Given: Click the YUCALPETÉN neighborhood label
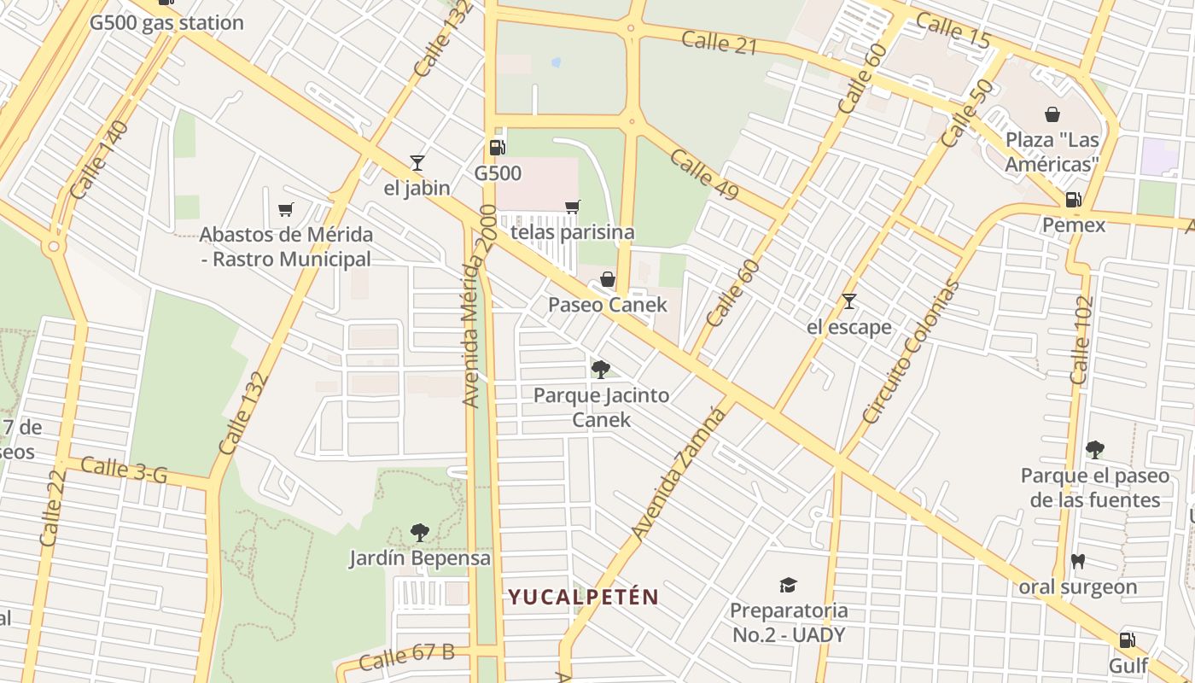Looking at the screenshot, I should coord(584,597).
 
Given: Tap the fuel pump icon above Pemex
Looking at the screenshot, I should coord(1074,200).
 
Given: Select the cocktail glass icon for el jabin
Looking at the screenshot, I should coord(417,162).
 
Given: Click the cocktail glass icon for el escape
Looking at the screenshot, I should coord(848,301).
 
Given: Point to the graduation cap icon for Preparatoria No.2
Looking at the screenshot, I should coord(788,585).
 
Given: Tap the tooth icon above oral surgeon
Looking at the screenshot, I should coord(1077,561).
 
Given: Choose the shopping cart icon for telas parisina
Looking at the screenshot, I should coord(572,207).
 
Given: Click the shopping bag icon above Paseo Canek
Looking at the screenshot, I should coord(607,279).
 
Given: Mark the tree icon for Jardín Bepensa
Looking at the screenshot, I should coord(419,533).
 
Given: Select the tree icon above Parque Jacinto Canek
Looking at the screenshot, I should coord(601,369).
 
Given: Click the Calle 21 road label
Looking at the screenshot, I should coord(720,42).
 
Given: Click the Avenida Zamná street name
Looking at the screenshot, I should coord(679,473).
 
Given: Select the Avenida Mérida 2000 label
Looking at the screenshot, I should coord(477,305).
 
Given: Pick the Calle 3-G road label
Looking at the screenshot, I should coord(125,470).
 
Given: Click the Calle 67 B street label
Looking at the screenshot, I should coord(406,656).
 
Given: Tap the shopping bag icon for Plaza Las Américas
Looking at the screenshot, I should coord(1052,114).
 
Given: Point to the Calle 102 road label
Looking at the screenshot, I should coord(1081,340).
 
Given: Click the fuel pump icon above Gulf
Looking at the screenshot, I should coord(1127,639).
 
